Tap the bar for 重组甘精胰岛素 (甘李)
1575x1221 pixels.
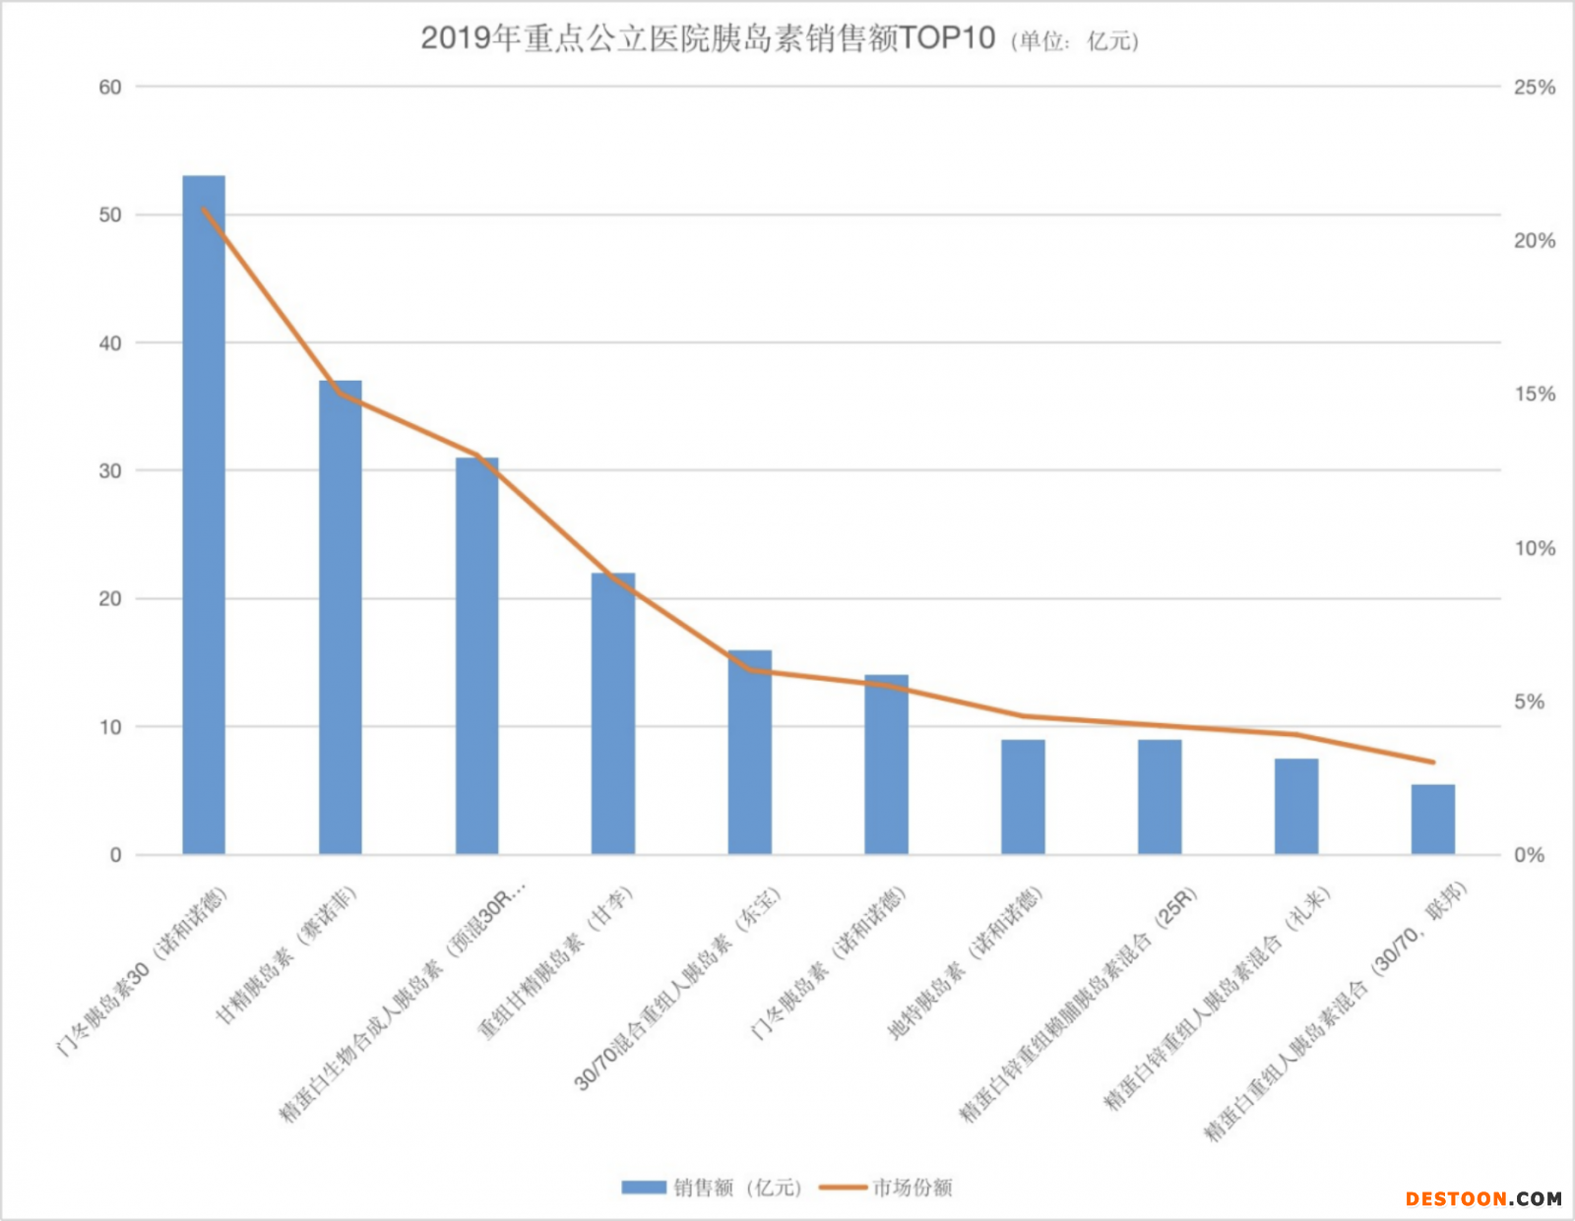point(613,713)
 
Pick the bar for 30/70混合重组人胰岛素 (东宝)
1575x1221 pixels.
point(750,752)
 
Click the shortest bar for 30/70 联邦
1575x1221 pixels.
point(1432,819)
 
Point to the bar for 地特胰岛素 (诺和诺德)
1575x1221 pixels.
point(1023,797)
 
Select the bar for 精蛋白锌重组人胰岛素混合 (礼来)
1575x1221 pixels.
point(1296,806)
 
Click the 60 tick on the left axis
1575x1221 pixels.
point(110,88)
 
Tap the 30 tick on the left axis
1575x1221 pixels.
point(110,471)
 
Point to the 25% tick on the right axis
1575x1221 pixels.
point(1534,88)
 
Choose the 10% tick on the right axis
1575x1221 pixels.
point(1534,548)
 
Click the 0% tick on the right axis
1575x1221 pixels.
point(1529,855)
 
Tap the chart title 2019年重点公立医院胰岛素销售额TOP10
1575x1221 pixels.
point(708,38)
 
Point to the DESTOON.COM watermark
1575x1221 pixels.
point(1483,1198)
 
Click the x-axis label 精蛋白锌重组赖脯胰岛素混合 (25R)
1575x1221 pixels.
point(1078,1004)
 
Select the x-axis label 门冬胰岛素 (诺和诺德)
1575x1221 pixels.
point(828,964)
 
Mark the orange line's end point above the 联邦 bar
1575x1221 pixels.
point(1433,763)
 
